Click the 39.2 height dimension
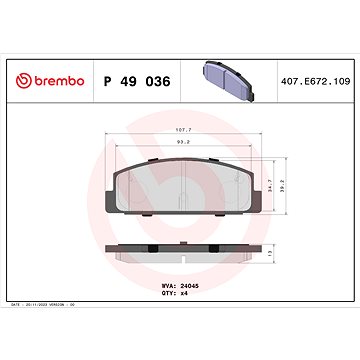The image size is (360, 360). pyautogui.click(x=292, y=184)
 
